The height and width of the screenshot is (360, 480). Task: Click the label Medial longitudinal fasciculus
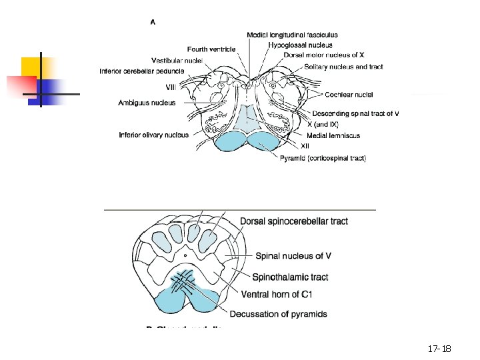tap(292, 35)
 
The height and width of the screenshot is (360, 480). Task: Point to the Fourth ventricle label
tap(211, 49)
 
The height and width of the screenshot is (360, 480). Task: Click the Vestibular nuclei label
tap(177, 60)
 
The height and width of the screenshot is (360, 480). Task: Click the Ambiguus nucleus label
tap(147, 103)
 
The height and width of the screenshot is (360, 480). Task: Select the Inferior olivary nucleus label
tap(153, 135)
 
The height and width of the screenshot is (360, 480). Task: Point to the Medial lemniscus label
tap(333, 135)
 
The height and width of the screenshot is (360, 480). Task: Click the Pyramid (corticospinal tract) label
tap(323, 158)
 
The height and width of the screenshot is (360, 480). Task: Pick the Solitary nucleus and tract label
tap(344, 67)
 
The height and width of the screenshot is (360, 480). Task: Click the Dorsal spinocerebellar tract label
tap(293, 221)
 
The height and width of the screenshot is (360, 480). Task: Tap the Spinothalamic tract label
tap(290, 277)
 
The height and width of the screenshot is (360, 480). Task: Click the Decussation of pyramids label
tap(279, 314)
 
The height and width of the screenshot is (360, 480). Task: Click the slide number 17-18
tap(439, 349)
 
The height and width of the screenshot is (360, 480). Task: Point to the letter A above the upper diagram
tap(153, 22)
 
